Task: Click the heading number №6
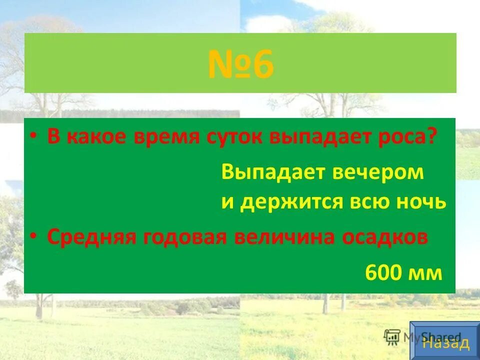(x=240, y=64)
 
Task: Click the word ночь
(x=422, y=202)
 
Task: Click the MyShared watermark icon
(x=391, y=337)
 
